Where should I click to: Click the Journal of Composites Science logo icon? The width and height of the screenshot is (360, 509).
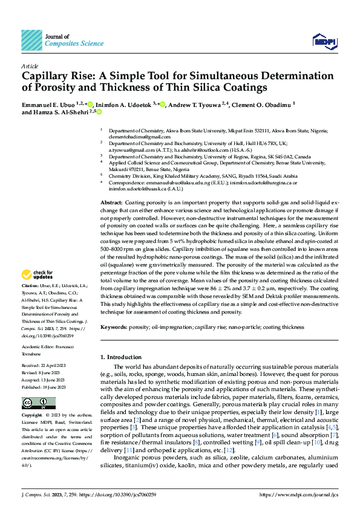31,40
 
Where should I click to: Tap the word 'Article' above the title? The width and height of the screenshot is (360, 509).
30,65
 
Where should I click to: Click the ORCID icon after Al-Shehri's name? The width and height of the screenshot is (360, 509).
99,112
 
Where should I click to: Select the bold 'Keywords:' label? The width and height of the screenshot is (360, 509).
114,327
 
